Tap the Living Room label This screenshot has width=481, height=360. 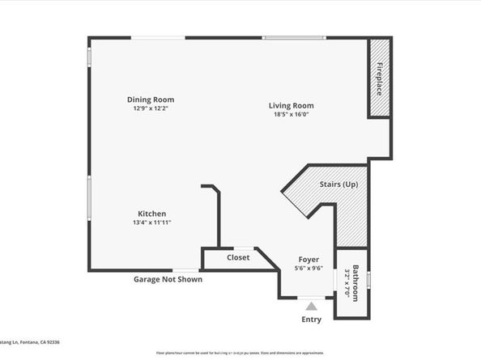click(292, 105)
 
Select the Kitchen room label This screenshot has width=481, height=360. click(151, 214)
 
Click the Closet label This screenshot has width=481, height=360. click(238, 258)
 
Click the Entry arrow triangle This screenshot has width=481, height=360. click(311, 307)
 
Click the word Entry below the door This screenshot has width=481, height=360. click(311, 320)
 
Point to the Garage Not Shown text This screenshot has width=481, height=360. click(168, 279)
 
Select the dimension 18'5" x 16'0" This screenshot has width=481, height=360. click(292, 115)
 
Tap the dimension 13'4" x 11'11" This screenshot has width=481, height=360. click(151, 223)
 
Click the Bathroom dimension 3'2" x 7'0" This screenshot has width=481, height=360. click(348, 283)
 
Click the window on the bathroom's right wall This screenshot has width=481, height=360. click(369, 279)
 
